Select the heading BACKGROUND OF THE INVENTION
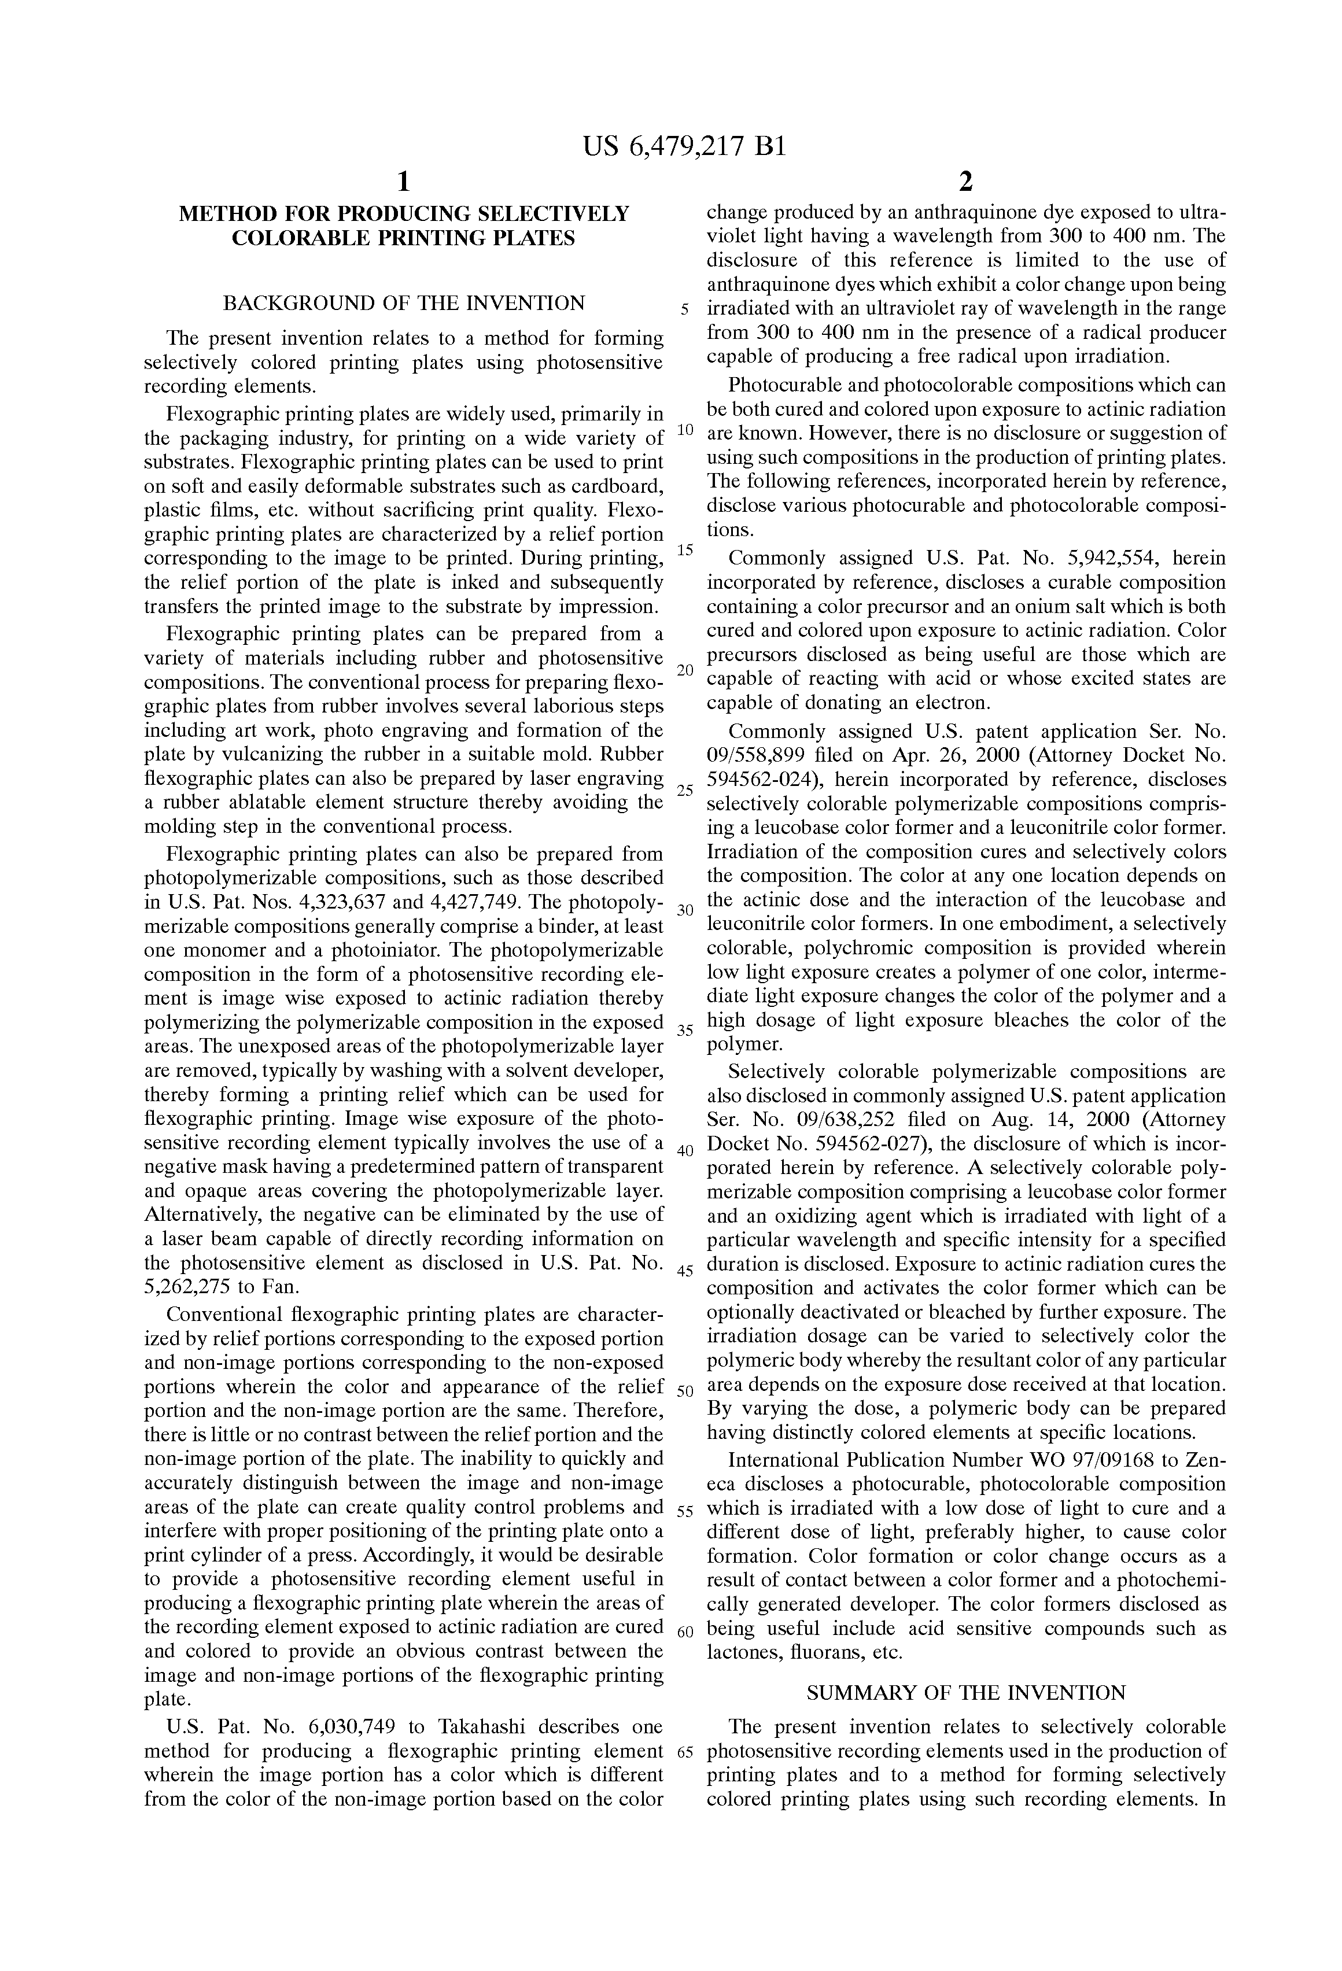coord(404,304)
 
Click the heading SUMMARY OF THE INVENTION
coord(966,1693)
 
